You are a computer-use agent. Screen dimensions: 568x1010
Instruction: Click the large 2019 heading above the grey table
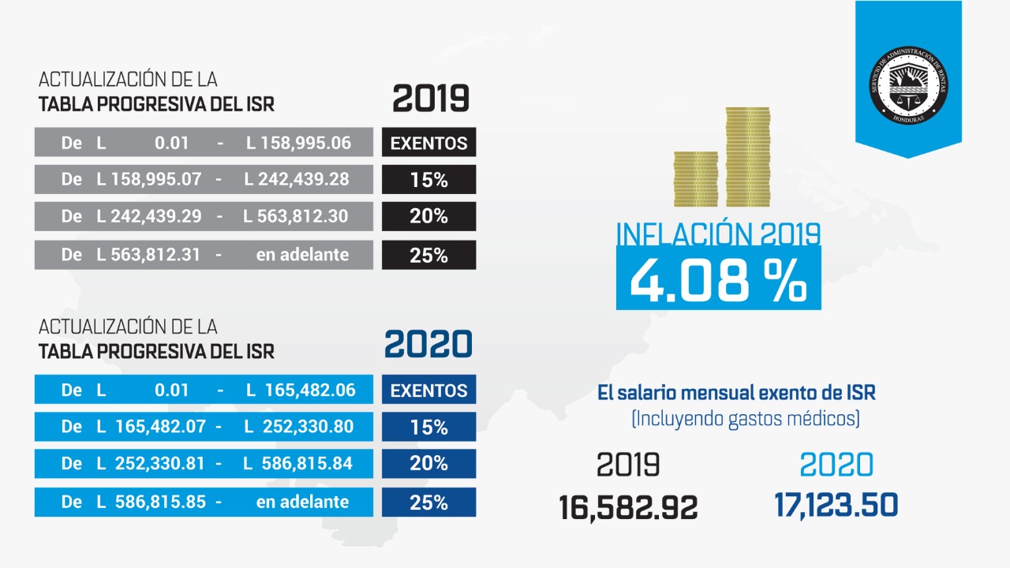(x=430, y=99)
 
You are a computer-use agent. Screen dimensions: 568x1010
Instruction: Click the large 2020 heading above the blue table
(x=428, y=345)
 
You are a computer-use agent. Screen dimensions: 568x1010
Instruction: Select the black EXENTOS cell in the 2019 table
(x=428, y=143)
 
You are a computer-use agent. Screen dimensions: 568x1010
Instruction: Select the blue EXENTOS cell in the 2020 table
(x=428, y=390)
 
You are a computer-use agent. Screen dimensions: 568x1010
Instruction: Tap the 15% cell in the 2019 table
(x=428, y=180)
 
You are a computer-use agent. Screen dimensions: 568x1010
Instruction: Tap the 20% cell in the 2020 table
(x=428, y=464)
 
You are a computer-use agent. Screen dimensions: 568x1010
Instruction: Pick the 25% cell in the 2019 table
(x=428, y=255)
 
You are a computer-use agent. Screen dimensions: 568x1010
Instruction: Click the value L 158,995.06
(x=297, y=143)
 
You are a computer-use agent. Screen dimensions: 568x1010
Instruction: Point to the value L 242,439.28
(x=296, y=179)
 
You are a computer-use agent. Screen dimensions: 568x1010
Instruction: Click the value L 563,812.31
(x=149, y=255)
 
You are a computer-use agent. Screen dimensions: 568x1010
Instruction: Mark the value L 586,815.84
(x=297, y=464)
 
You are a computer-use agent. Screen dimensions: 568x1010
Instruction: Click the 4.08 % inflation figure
(x=718, y=279)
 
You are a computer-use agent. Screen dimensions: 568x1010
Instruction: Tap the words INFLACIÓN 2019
(x=717, y=234)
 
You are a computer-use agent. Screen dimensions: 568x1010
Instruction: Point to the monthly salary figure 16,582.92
(x=628, y=506)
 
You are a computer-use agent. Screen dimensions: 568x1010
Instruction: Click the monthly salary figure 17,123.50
(x=836, y=505)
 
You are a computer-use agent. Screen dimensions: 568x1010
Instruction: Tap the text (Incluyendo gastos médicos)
(x=745, y=418)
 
